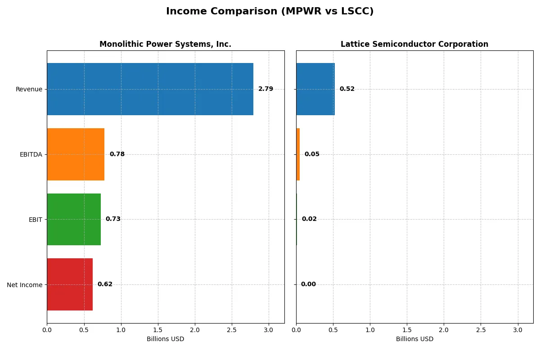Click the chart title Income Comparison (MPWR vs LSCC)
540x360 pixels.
pos(270,11)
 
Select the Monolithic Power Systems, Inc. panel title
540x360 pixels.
pos(165,44)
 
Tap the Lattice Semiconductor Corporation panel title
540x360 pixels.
pos(414,44)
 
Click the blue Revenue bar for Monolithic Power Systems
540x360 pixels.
pos(150,89)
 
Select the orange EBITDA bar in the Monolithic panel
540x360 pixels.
pos(76,154)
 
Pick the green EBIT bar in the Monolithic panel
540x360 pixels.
pos(74,219)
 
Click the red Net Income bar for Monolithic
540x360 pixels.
pos(70,284)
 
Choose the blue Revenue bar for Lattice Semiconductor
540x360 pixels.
pos(315,89)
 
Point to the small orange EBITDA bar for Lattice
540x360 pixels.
pos(298,154)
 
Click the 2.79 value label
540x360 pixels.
pos(265,89)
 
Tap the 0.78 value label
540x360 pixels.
pos(117,154)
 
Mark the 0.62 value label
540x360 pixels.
pos(105,284)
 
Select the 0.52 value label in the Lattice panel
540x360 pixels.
pos(347,89)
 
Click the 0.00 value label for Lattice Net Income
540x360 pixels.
pos(308,284)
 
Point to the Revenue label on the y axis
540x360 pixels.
pos(29,89)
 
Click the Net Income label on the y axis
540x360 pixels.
pos(25,285)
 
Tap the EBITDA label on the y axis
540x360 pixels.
pos(31,154)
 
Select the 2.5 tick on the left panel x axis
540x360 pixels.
pos(232,330)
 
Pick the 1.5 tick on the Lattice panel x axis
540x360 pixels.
pos(407,330)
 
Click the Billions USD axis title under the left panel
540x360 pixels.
pos(165,339)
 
